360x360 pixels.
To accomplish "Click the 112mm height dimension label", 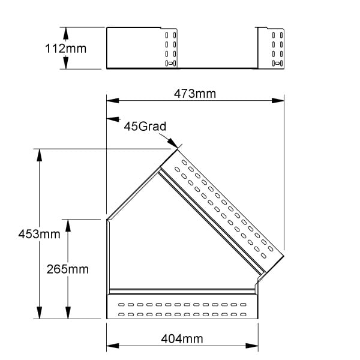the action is (65, 49).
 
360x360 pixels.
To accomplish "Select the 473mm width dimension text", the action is (195, 94).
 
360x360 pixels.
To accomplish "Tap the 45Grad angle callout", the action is (145, 126).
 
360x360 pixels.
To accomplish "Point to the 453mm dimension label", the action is (39, 234).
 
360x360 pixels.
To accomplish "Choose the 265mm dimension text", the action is (67, 269).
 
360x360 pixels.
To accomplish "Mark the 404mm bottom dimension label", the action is (182, 339).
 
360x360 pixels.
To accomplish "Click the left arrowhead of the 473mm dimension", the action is (113, 101).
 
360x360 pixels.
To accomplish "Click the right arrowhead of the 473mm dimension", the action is (278, 101).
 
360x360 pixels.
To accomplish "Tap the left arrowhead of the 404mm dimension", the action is (113, 346).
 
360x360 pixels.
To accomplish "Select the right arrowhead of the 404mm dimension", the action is (252, 346).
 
